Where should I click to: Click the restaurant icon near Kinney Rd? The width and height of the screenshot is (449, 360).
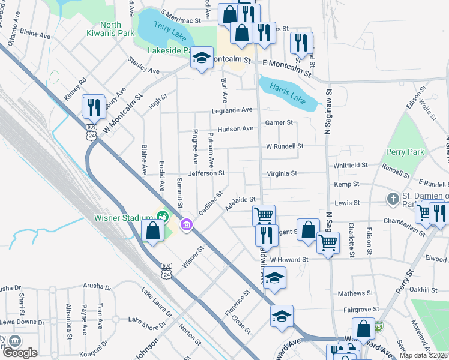[94, 107]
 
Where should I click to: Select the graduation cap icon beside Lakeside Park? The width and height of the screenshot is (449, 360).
[202, 59]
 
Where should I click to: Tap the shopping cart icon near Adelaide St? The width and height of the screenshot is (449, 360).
[264, 215]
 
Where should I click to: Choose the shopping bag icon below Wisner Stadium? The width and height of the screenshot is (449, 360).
[153, 230]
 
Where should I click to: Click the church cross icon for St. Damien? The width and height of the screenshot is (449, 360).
[393, 198]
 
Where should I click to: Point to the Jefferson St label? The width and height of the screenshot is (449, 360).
[206, 173]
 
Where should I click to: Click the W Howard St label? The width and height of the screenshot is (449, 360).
[289, 260]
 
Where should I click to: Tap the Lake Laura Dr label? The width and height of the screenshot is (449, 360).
[157, 303]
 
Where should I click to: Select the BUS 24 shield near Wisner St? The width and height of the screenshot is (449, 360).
[166, 271]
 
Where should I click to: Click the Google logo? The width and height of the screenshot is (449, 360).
[20, 352]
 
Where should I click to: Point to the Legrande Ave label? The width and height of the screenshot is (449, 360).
[232, 110]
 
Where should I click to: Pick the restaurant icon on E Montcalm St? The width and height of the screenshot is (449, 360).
[302, 43]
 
